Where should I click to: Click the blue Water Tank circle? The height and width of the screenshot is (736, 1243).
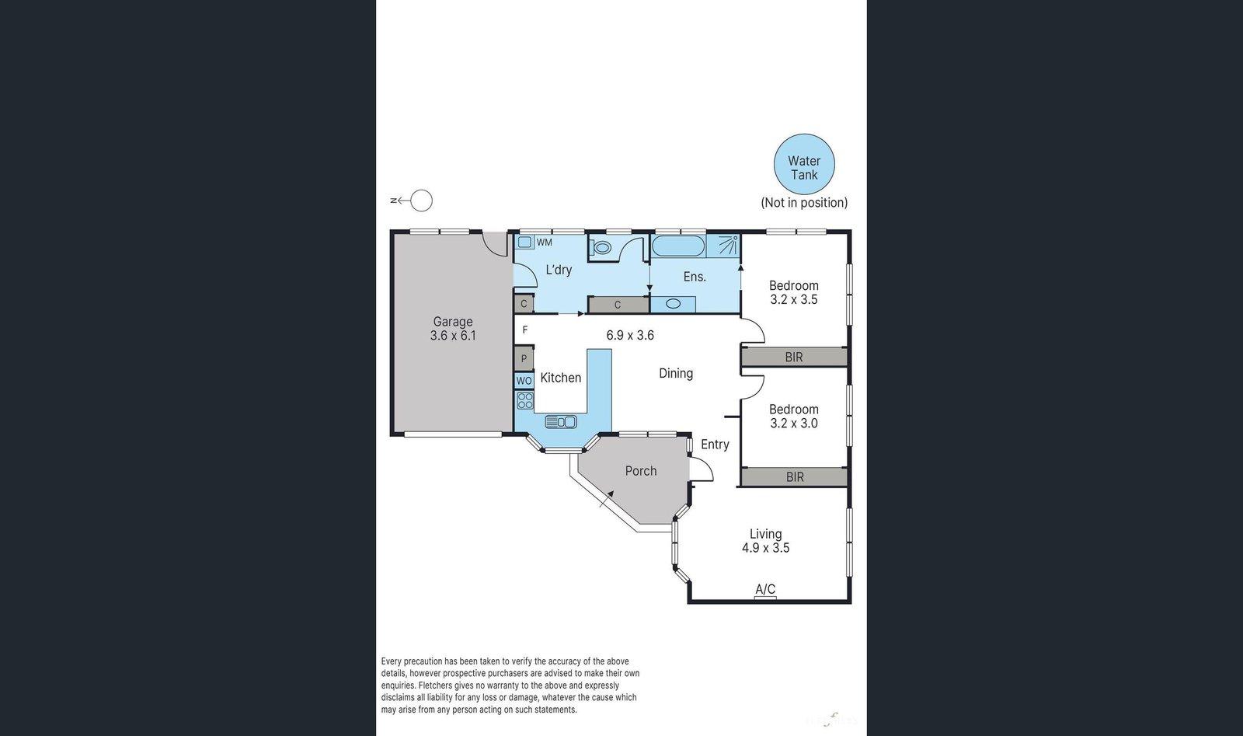click(x=804, y=164)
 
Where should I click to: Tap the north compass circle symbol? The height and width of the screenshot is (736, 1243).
click(x=421, y=201)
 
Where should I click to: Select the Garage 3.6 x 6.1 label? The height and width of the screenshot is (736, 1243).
click(x=453, y=328)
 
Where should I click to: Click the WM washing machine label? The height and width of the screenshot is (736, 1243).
click(x=545, y=242)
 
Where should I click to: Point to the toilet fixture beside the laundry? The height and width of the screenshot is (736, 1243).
click(x=601, y=248)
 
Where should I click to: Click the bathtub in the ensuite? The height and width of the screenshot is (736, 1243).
click(x=677, y=246)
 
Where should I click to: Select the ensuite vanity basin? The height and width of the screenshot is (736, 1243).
click(x=673, y=304)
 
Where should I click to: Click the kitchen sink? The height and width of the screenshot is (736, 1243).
click(x=560, y=421)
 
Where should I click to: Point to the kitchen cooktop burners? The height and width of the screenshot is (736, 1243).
click(x=525, y=400)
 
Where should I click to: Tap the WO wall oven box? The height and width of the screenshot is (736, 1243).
click(x=524, y=381)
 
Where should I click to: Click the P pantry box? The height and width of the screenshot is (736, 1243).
click(x=524, y=359)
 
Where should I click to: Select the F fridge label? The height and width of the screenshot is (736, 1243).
click(x=525, y=330)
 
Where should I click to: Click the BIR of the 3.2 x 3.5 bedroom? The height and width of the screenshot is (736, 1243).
click(x=793, y=357)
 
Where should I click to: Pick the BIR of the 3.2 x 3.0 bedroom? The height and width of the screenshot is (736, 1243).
click(x=794, y=476)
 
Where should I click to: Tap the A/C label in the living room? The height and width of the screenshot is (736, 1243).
click(x=765, y=589)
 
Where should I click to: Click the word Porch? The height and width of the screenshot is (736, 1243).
click(x=641, y=471)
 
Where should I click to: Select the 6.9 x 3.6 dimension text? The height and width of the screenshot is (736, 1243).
click(x=630, y=336)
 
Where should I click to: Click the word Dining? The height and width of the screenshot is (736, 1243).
click(x=676, y=373)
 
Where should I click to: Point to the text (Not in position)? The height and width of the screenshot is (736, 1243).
click(x=804, y=202)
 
